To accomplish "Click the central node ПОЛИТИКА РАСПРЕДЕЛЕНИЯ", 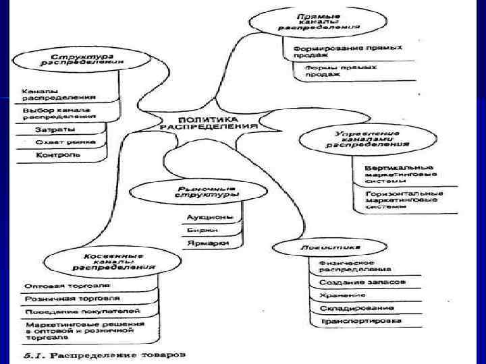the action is [208, 121].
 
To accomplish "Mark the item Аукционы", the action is [210, 217].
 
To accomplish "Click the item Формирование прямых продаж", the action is [347, 51].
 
